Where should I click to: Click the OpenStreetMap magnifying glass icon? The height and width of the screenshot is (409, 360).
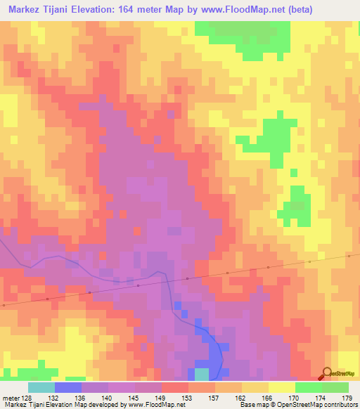pos(327,374)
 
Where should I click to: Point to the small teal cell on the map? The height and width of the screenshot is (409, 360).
pos(202,373)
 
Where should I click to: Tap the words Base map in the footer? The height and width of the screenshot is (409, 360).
pos(252,405)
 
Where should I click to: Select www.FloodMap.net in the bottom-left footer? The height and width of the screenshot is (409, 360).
pos(156,405)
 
